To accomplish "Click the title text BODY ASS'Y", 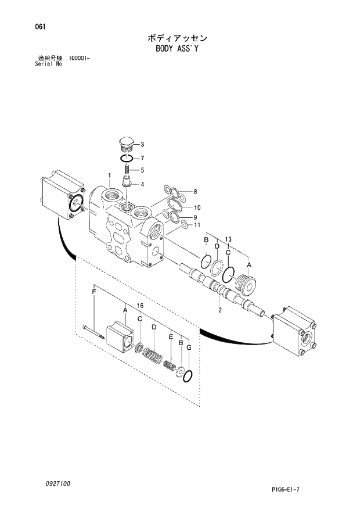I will pyautogui.click(x=177, y=49).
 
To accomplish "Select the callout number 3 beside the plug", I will pyautogui.click(x=142, y=144).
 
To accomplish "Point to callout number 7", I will pyautogui.click(x=142, y=158).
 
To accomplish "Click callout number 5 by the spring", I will pyautogui.click(x=142, y=171).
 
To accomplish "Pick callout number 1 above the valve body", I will pyautogui.click(x=109, y=175).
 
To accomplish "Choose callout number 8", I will pyautogui.click(x=195, y=191).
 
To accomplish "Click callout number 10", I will pyautogui.click(x=197, y=207).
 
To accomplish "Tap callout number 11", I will pyautogui.click(x=197, y=225).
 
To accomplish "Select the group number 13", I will pyautogui.click(x=228, y=239).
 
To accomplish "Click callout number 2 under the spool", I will pyautogui.click(x=220, y=310).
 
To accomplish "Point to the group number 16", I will pyautogui.click(x=140, y=306).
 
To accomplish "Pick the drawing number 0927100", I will pyautogui.click(x=46, y=483).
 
